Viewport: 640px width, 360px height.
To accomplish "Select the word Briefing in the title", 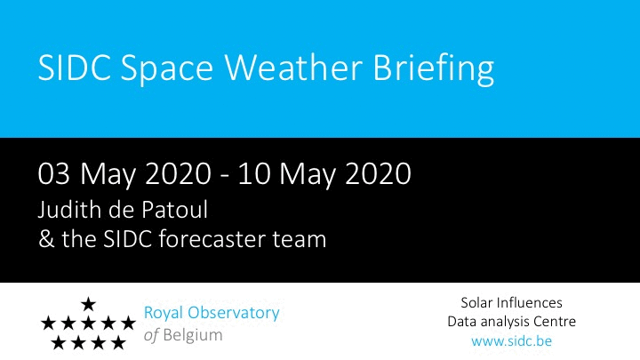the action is tap(434, 70).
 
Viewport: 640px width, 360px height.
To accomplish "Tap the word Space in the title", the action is tap(166, 70).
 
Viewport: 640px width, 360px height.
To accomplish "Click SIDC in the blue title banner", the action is tap(75, 68).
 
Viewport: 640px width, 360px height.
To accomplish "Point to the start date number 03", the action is tap(53, 173).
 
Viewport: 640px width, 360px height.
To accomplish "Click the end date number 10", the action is tap(254, 173).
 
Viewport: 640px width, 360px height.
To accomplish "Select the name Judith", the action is tap(70, 210).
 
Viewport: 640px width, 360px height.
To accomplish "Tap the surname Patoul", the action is tap(175, 210).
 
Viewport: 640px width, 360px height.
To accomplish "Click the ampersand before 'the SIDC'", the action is tap(46, 239).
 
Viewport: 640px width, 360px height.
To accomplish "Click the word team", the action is tap(300, 240).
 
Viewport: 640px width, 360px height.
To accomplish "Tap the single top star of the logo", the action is tap(88, 304).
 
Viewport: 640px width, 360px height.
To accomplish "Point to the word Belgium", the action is tap(193, 335).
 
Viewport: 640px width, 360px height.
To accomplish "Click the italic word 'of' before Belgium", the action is tap(151, 335).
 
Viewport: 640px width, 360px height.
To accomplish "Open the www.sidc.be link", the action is tap(511, 340).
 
